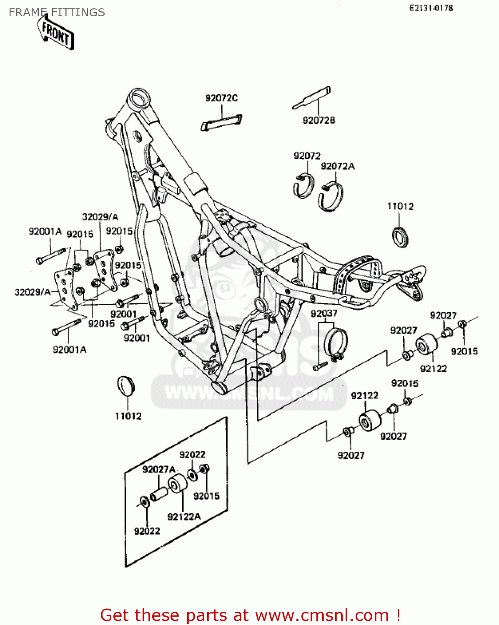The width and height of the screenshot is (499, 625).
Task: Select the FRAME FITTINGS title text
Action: pyautogui.click(x=57, y=12)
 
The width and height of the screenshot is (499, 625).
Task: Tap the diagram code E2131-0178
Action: pyautogui.click(x=431, y=8)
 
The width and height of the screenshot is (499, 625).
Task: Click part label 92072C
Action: pyautogui.click(x=221, y=98)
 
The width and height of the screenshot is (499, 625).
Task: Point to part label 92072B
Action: pyautogui.click(x=319, y=120)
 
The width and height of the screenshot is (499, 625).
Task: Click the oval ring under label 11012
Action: pyautogui.click(x=401, y=236)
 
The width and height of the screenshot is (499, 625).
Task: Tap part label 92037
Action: pyautogui.click(x=324, y=313)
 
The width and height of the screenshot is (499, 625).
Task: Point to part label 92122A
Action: pyautogui.click(x=184, y=517)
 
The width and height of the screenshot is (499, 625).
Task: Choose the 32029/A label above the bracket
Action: pyautogui.click(x=100, y=217)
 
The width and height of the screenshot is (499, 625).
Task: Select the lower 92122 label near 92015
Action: pyautogui.click(x=364, y=395)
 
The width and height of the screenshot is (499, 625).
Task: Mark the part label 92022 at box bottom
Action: pyautogui.click(x=147, y=531)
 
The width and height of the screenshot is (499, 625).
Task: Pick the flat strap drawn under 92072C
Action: pyautogui.click(x=221, y=122)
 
